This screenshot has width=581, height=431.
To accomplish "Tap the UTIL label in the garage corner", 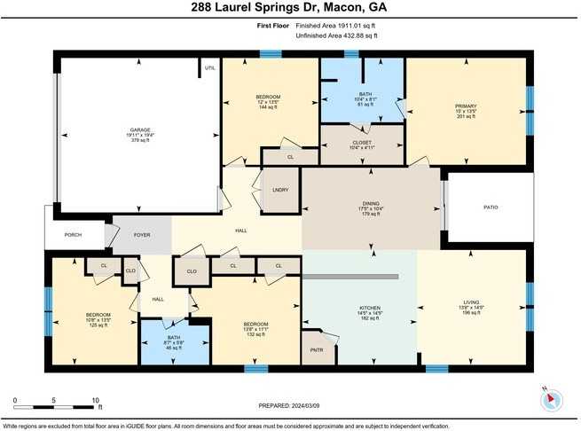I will click(x=210, y=67).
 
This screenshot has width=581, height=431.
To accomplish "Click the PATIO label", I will click(x=491, y=208).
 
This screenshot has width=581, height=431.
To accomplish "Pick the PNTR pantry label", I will click(x=316, y=350).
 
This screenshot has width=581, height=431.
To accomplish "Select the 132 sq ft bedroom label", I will click(x=255, y=325).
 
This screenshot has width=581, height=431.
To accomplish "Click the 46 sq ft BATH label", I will click(x=173, y=338).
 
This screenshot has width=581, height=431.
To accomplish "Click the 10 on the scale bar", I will click(x=95, y=400).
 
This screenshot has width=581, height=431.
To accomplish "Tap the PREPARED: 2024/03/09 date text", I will click(x=289, y=405).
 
